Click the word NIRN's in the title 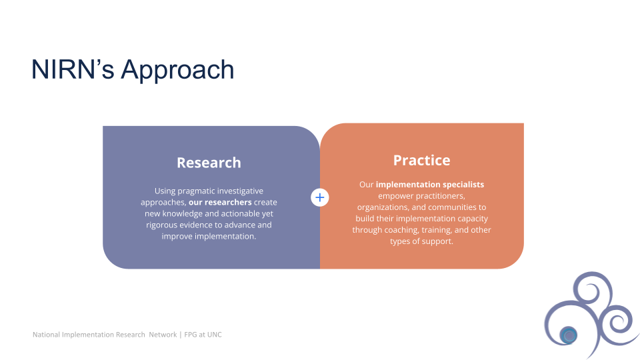pyautogui.click(x=73, y=69)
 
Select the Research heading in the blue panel pyautogui.click(x=209, y=163)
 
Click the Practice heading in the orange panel pyautogui.click(x=421, y=160)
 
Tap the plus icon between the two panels pyautogui.click(x=320, y=197)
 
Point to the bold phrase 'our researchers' pyautogui.click(x=220, y=202)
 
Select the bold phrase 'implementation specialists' pyautogui.click(x=430, y=185)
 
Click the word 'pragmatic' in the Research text pyautogui.click(x=197, y=191)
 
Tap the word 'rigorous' pyautogui.click(x=161, y=225)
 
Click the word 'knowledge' pyautogui.click(x=183, y=214)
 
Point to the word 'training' pyautogui.click(x=437, y=230)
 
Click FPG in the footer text pyautogui.click(x=191, y=335)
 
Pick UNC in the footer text pyautogui.click(x=214, y=335)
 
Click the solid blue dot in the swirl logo pyautogui.click(x=569, y=335)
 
